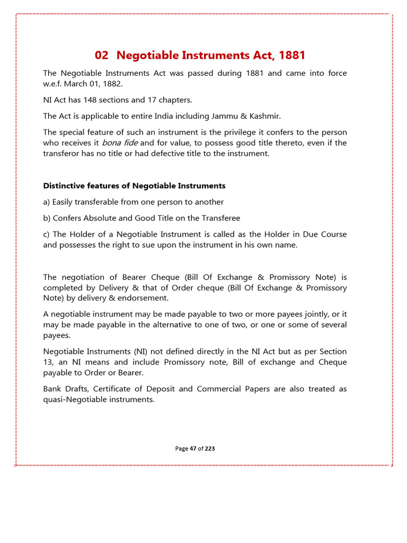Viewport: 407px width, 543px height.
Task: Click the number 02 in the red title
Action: (102, 55)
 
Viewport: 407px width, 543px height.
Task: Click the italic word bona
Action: (111, 143)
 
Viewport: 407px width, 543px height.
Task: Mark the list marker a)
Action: (47, 202)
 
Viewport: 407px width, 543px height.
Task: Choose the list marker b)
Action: (47, 218)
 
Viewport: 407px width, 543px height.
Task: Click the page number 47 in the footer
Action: (193, 449)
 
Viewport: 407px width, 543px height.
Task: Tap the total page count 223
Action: (210, 449)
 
